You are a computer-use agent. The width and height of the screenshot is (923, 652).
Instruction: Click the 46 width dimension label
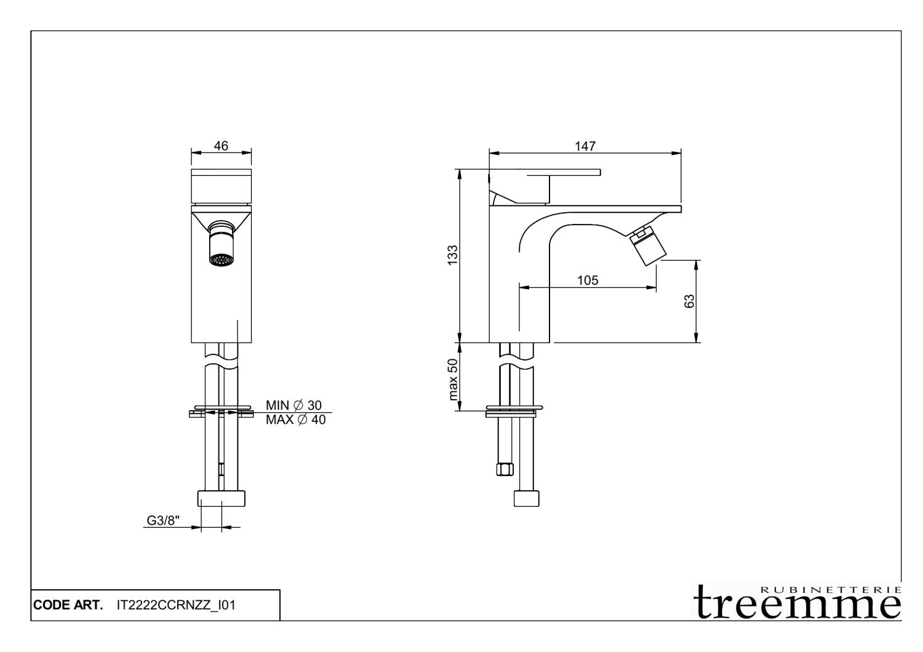(x=221, y=146)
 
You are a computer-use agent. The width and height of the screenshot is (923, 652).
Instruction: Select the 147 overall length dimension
(x=585, y=146)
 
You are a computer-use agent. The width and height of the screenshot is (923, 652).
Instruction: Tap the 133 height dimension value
(x=453, y=255)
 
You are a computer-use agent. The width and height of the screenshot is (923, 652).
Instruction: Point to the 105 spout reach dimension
(x=587, y=280)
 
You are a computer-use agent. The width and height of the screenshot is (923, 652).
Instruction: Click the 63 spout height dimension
(x=690, y=301)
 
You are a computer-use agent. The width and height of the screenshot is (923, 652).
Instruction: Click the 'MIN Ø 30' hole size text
(x=294, y=405)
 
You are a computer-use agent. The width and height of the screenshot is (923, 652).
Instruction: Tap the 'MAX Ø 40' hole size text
(x=295, y=420)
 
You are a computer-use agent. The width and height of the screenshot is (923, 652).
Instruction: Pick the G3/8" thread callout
(x=162, y=520)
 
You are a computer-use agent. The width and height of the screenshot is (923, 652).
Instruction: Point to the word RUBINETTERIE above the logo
(x=831, y=588)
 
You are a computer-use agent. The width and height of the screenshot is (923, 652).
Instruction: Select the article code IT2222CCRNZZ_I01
(x=176, y=605)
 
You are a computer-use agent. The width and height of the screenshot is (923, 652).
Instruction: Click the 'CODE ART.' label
(x=68, y=605)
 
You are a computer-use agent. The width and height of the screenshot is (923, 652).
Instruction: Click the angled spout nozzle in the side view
(x=647, y=246)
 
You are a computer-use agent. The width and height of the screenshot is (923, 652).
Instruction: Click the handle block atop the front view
(x=222, y=185)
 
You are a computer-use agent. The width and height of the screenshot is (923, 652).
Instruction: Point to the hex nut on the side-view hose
(x=505, y=471)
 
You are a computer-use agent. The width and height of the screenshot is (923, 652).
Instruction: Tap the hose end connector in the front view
(x=221, y=498)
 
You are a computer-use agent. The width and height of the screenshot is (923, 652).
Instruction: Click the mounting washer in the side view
(x=514, y=410)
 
